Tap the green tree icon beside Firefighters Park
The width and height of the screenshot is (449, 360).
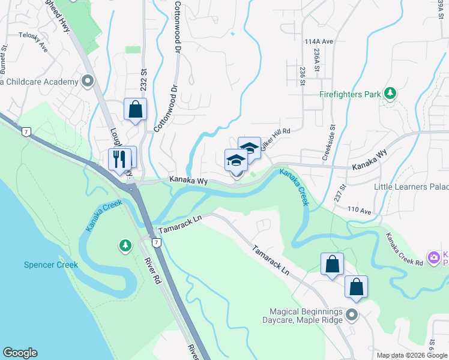pyautogui.click(x=391, y=93)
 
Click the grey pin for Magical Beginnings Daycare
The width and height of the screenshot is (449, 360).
pyautogui.click(x=352, y=314)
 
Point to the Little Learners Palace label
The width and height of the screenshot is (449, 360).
pyautogui.click(x=411, y=187)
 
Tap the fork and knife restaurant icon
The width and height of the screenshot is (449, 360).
pyautogui.click(x=119, y=159)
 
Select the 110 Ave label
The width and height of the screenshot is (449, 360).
pyautogui.click(x=361, y=209)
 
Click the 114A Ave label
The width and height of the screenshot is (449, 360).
pyautogui.click(x=318, y=41)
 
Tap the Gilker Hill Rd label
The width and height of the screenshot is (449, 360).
pyautogui.click(x=276, y=138)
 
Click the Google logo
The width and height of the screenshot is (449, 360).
pyautogui.click(x=20, y=353)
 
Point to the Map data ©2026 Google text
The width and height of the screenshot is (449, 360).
pyautogui.click(x=412, y=355)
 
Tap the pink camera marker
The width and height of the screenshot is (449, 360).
pyautogui.click(x=433, y=257)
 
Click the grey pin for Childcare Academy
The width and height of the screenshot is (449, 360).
pyautogui.click(x=88, y=80)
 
